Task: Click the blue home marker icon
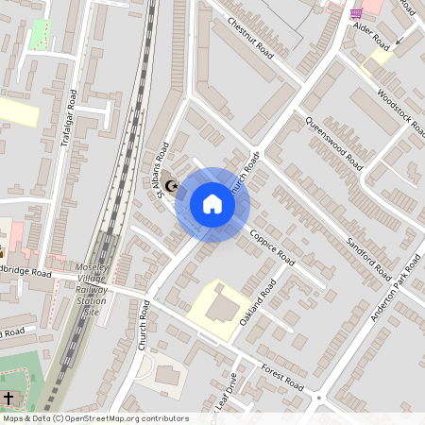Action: coord(212,204)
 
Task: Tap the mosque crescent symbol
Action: coord(172,186)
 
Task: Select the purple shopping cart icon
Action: coord(356,13)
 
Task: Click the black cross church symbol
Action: coord(8,399)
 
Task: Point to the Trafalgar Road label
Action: coord(67,119)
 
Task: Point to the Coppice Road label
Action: coord(273,248)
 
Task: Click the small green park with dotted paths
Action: coord(40,34)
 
